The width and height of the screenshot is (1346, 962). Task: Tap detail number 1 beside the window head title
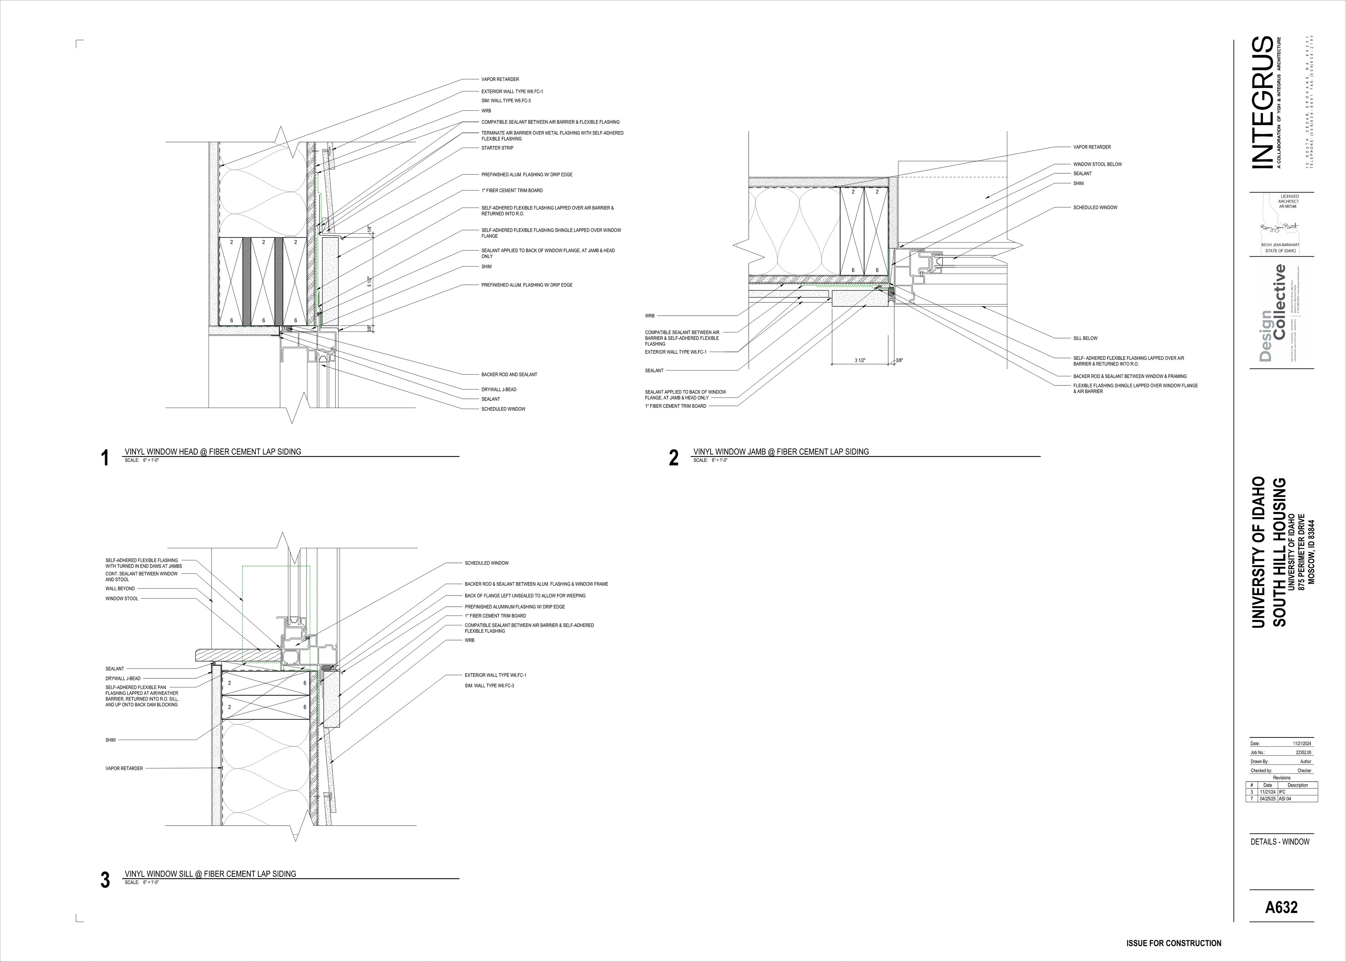pyautogui.click(x=106, y=458)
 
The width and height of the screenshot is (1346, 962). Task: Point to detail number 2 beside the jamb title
pyautogui.click(x=674, y=458)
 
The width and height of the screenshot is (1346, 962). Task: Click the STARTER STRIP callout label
pyautogui.click(x=497, y=148)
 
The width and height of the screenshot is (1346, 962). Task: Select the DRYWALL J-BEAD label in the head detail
pyautogui.click(x=498, y=390)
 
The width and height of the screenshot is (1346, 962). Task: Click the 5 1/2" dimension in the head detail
pyautogui.click(x=369, y=282)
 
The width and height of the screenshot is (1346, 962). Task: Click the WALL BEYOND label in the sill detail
pyautogui.click(x=120, y=589)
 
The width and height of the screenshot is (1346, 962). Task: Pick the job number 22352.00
pyautogui.click(x=1303, y=752)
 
